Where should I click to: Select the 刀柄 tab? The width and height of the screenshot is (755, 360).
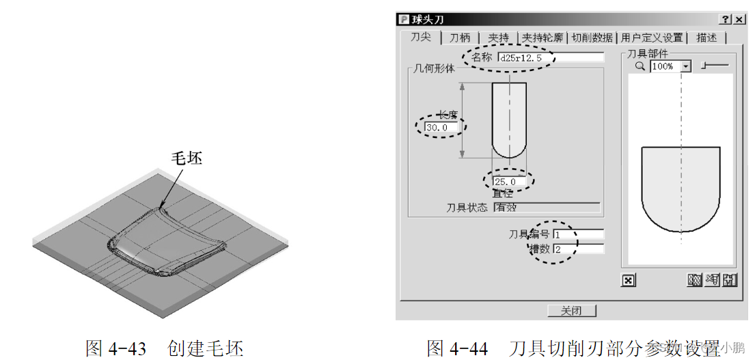[x=460, y=38]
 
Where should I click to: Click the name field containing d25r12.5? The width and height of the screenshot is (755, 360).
[x=549, y=58]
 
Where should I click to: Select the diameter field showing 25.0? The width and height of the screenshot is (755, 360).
[x=510, y=182]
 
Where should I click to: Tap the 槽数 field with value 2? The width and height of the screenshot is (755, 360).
[x=578, y=249]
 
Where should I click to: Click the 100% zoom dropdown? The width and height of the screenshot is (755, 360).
[x=670, y=66]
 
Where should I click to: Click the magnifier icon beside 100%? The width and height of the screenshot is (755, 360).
[x=640, y=66]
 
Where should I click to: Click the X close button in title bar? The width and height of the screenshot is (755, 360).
[x=738, y=20]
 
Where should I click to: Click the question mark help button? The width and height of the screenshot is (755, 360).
[x=724, y=20]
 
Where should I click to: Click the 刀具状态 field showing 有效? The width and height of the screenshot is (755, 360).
[x=547, y=208]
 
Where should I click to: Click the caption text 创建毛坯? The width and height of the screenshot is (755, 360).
[x=205, y=348]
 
